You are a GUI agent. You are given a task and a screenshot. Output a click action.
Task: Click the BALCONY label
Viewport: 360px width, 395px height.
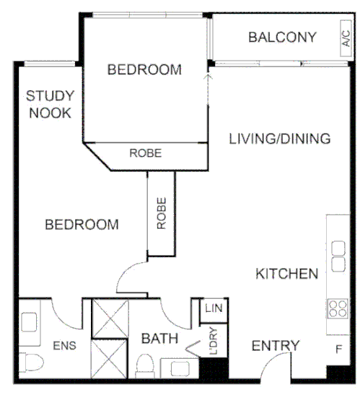pos(282,37)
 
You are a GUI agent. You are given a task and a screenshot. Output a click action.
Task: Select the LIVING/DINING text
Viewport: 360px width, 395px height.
pos(279,139)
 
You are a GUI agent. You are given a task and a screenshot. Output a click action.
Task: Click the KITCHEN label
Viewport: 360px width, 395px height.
pos(286,274)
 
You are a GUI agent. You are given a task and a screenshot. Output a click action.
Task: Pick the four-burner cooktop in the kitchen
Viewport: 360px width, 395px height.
pos(337,309)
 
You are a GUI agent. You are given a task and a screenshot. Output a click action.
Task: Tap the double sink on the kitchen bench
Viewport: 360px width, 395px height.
pos(337,256)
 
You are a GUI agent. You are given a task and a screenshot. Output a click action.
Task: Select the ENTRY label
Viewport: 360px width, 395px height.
pos(275,346)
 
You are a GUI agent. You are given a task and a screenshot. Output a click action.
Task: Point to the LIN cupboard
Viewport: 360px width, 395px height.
pos(212,309)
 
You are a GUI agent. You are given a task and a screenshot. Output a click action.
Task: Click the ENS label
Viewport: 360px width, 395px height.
pos(64,345)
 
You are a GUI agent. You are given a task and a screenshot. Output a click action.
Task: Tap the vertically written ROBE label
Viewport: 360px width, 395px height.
pos(161,213)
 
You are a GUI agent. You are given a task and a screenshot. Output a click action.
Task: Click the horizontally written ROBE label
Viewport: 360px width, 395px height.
pos(145,153)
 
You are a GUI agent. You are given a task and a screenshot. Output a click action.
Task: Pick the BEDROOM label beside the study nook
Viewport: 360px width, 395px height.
pos(82,225)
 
